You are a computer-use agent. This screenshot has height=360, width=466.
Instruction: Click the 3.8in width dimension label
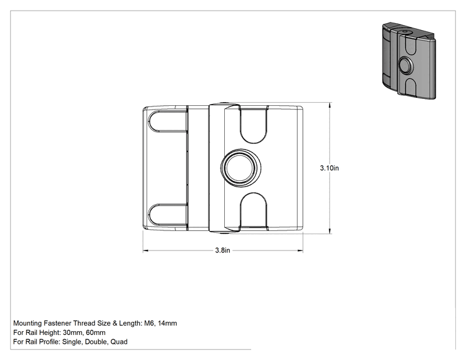click(222, 250)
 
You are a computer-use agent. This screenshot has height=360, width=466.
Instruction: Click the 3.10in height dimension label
click(329, 168)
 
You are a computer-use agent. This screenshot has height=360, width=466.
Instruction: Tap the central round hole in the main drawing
click(240, 168)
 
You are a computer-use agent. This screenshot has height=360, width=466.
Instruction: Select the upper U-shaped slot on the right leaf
click(253, 125)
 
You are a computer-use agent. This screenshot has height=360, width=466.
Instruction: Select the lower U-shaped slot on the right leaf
click(253, 211)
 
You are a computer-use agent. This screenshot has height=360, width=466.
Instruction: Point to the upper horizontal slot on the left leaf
click(168, 121)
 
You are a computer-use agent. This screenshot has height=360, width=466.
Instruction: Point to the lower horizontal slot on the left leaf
click(168, 214)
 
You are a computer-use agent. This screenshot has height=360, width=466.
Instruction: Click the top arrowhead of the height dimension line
click(329, 105)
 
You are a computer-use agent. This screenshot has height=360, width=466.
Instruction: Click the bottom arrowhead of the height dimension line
click(329, 231)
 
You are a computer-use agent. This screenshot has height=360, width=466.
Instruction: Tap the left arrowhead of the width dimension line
click(146, 250)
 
